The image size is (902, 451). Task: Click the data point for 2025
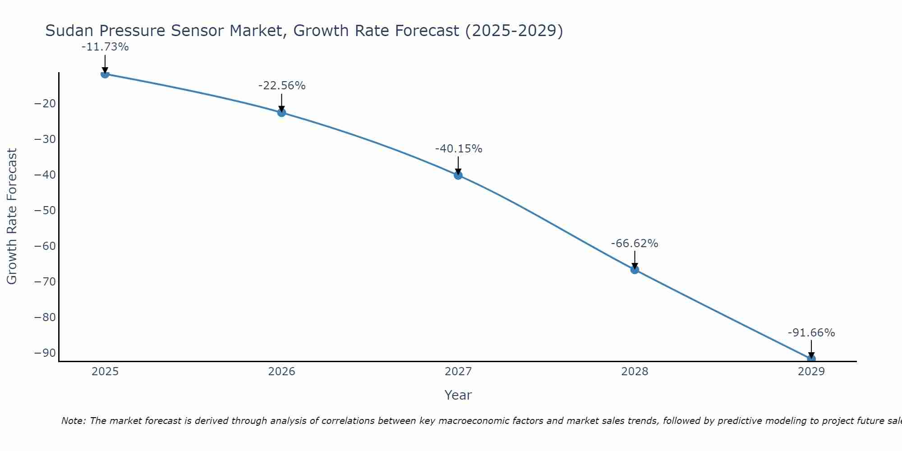(105, 74)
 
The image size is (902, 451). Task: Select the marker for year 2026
(281, 112)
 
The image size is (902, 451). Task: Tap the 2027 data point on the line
(458, 175)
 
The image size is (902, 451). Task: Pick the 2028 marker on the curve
(635, 270)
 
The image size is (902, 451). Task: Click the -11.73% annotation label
(105, 47)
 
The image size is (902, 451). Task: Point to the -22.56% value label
(282, 86)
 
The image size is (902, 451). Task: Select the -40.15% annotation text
(459, 149)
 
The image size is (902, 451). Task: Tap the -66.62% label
(635, 244)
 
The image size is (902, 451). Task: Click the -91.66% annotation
(811, 333)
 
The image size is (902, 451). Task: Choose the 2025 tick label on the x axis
(105, 372)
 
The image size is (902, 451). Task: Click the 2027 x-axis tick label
(458, 372)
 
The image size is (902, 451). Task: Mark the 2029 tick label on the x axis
(811, 372)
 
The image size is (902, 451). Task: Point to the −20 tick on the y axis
(45, 104)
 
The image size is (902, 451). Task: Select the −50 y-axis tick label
(45, 211)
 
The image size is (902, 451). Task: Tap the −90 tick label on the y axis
(45, 353)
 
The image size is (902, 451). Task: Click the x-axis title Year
(458, 395)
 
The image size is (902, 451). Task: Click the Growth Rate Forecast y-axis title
(12, 216)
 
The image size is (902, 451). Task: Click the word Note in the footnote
(73, 421)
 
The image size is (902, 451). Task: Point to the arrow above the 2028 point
(635, 259)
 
